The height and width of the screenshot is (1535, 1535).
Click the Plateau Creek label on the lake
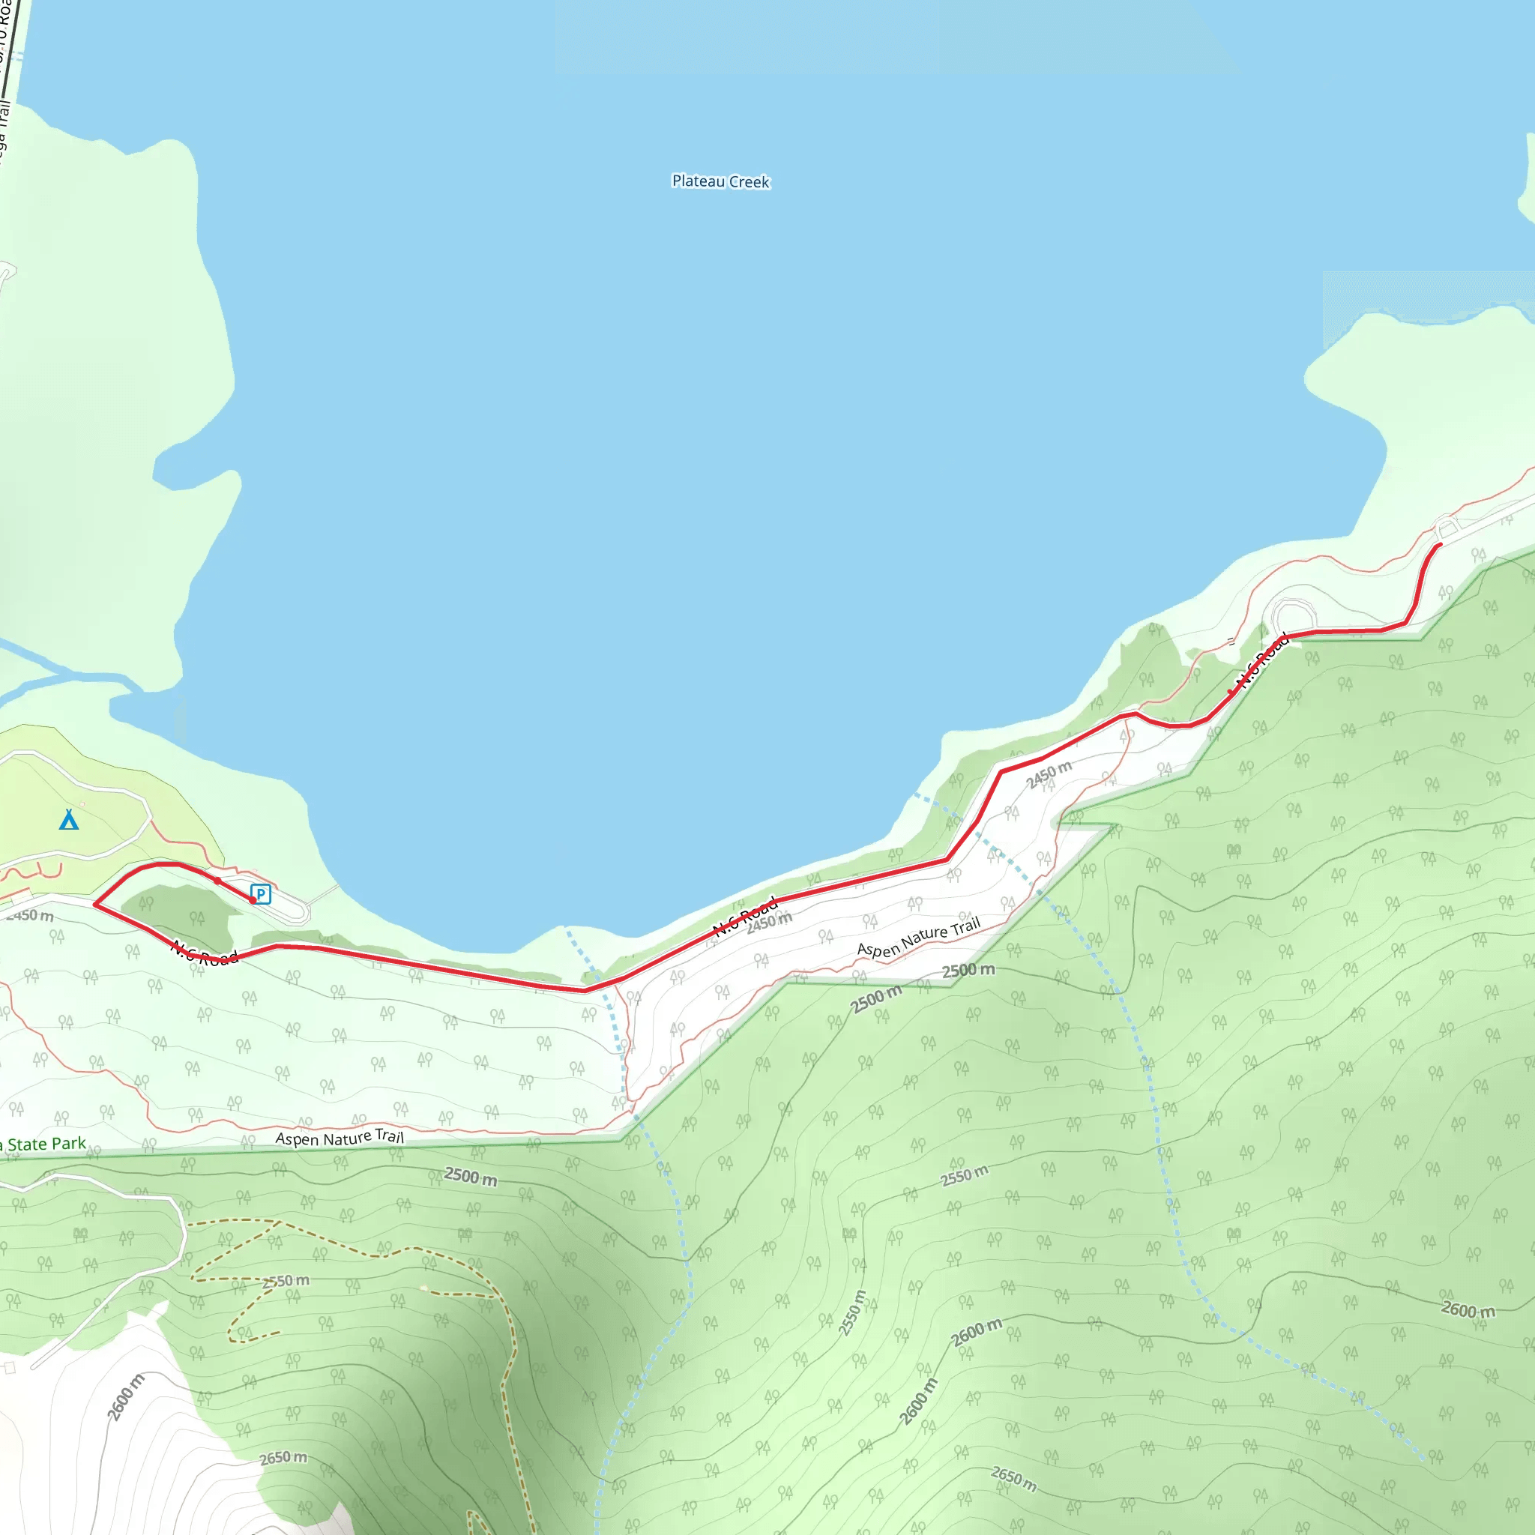(x=720, y=181)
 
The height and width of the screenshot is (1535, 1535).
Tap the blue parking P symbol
(x=261, y=894)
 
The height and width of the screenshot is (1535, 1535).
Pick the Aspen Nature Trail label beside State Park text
(x=340, y=1138)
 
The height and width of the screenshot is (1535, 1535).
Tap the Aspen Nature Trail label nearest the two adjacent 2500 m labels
(x=918, y=938)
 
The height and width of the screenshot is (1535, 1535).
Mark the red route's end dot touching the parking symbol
(x=253, y=900)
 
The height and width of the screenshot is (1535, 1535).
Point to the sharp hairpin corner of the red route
(x=95, y=904)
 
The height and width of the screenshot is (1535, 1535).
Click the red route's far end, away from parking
(x=1440, y=545)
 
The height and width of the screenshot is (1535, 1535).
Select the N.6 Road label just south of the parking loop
(x=204, y=953)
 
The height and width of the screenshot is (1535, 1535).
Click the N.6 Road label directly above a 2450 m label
(x=744, y=916)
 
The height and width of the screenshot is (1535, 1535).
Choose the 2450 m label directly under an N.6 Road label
(x=769, y=923)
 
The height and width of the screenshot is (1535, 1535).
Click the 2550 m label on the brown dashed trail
(x=286, y=1281)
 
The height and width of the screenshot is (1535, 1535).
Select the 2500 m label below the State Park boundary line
(x=471, y=1176)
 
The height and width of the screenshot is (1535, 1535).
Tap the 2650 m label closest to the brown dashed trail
(x=283, y=1458)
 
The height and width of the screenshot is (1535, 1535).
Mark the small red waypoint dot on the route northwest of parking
(x=217, y=881)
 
